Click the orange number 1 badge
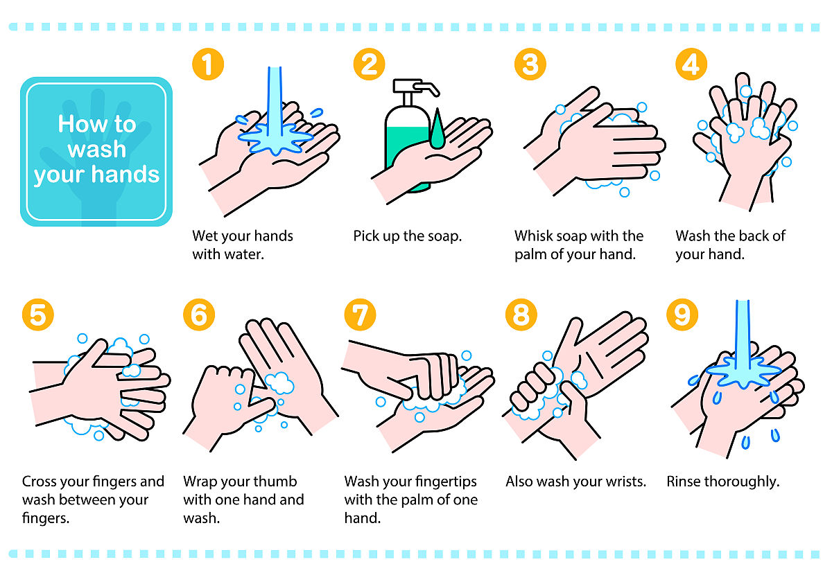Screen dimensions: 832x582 208,64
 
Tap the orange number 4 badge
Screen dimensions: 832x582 691,64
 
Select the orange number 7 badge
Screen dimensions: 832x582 360,315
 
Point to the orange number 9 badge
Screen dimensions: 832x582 682,315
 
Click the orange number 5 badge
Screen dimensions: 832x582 38,315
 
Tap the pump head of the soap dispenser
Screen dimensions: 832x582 416,87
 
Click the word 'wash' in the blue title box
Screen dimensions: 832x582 97,149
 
